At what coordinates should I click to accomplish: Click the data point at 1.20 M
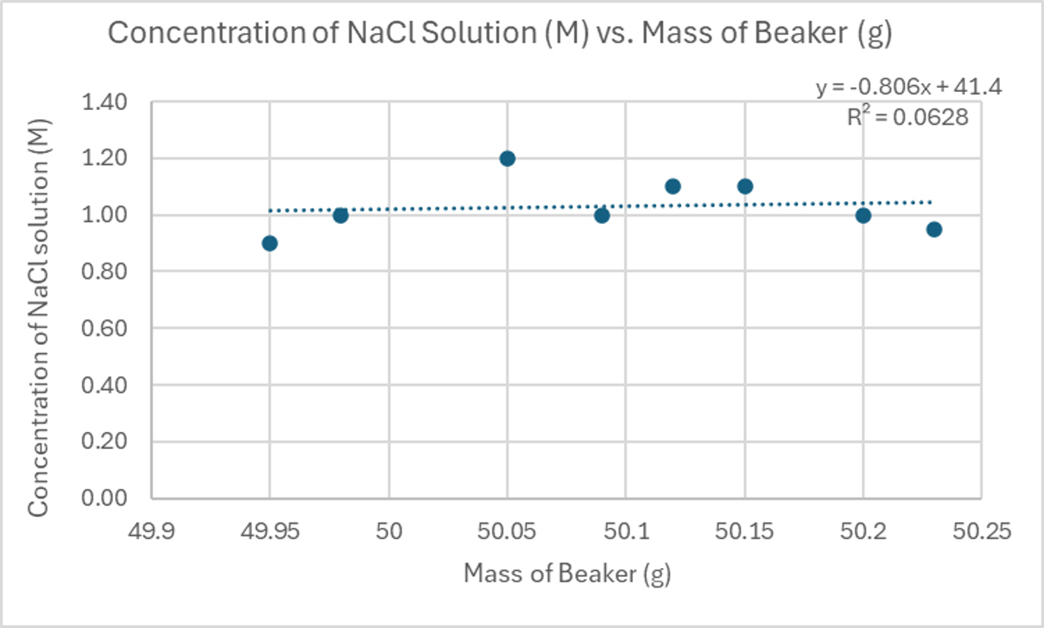tap(507, 159)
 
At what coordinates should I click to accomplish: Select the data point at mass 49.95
tap(270, 243)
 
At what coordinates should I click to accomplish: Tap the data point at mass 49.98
tap(340, 215)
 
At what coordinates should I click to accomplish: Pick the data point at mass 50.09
tap(602, 215)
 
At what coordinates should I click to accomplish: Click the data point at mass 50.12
tap(673, 186)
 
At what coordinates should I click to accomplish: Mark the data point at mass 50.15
tap(745, 186)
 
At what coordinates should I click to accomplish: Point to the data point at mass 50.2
tap(863, 215)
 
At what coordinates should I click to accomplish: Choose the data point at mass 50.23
tap(934, 229)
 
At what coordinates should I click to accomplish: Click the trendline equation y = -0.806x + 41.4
tap(909, 87)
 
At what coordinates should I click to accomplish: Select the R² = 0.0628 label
tap(908, 117)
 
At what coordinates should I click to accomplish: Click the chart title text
tap(500, 35)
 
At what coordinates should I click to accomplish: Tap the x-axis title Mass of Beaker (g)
tap(567, 575)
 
